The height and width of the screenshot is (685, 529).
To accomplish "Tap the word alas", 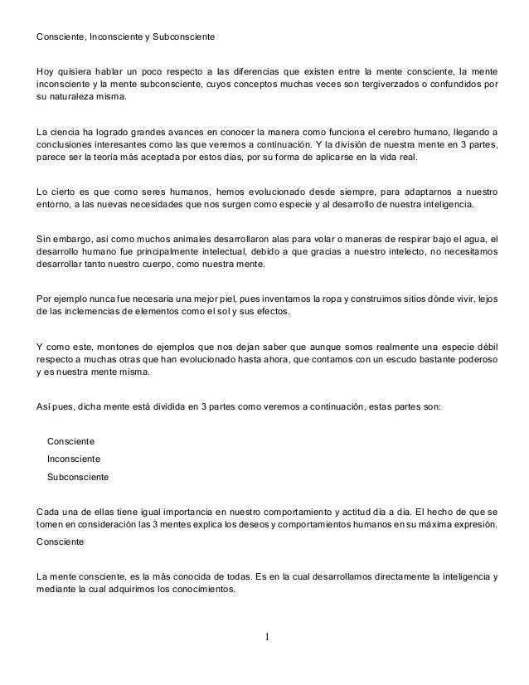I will click(288, 238).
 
